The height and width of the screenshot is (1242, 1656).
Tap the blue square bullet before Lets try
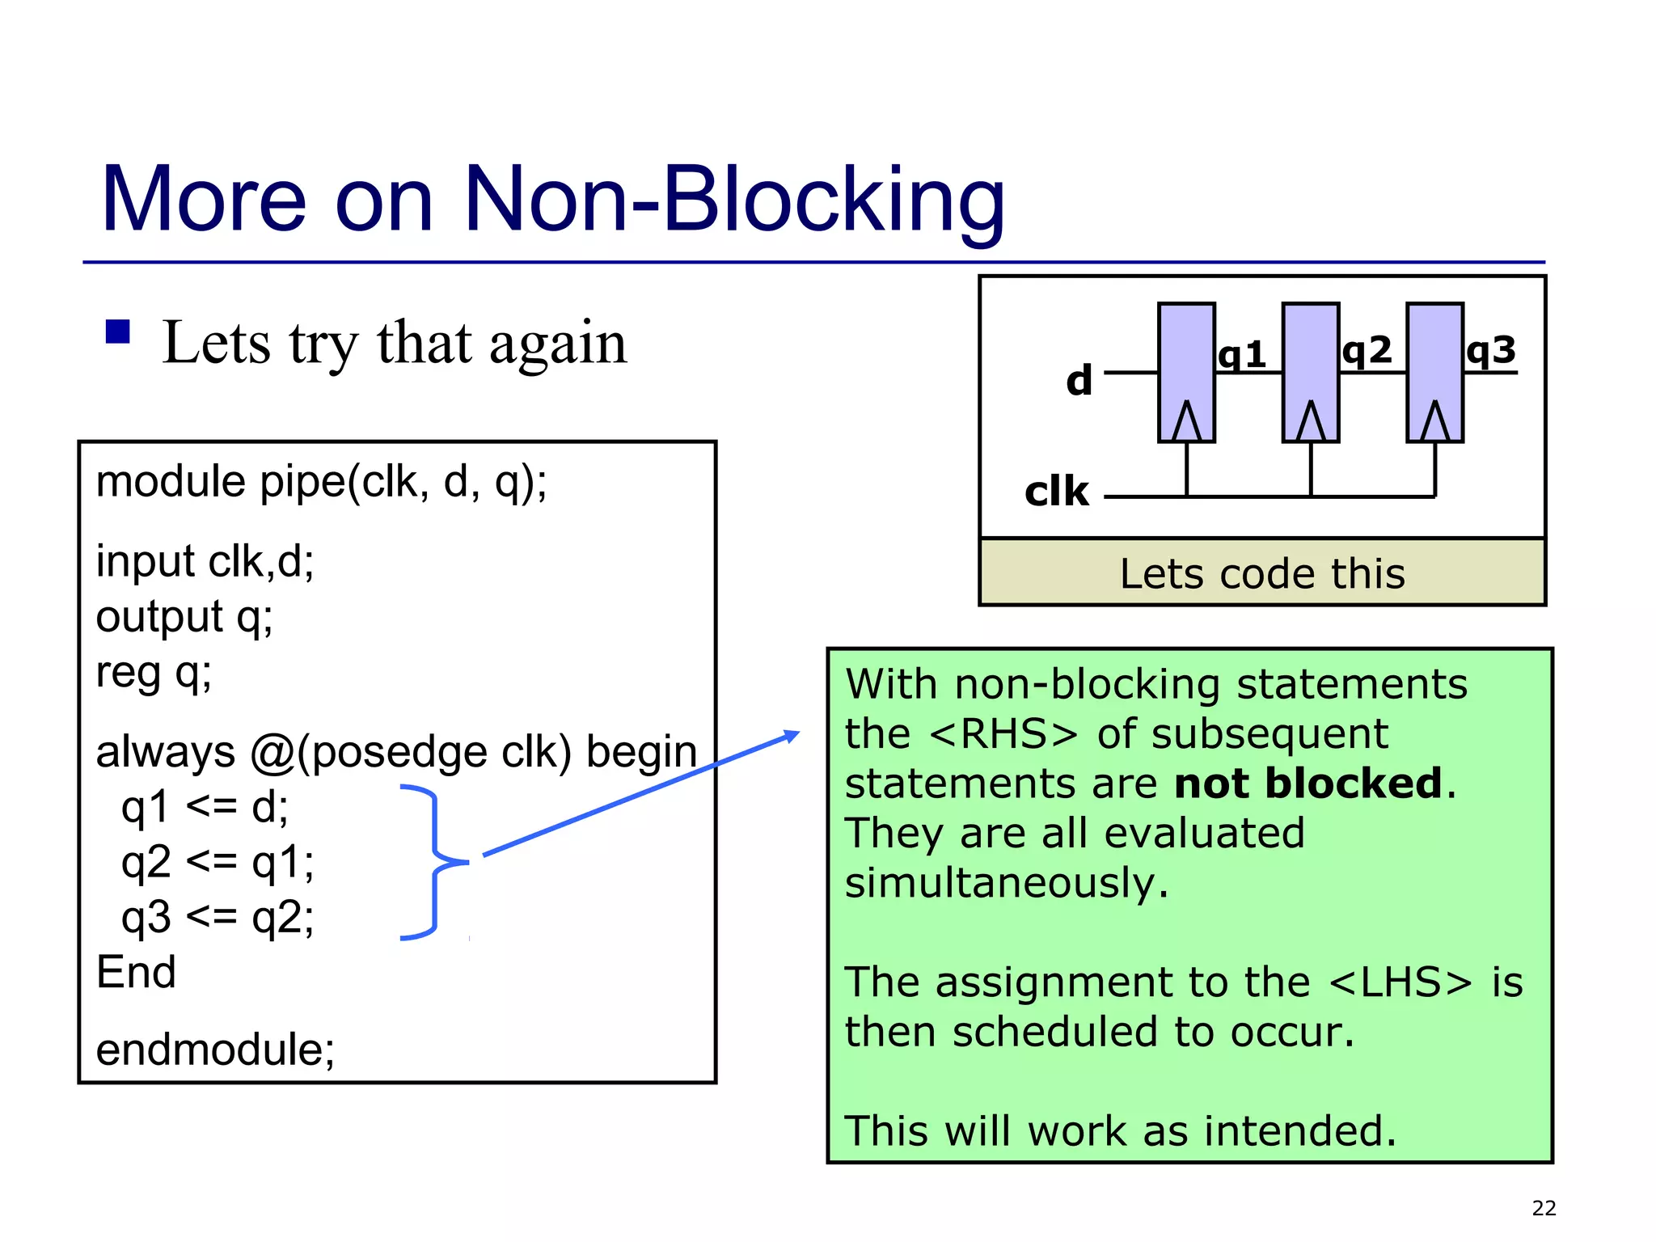pos(118,332)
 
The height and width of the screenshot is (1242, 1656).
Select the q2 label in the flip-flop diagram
pos(1367,351)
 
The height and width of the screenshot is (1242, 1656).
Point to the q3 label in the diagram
pos(1491,351)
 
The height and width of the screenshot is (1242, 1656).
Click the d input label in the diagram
pos(1079,380)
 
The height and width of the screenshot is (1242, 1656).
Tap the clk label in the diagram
pos(1057,492)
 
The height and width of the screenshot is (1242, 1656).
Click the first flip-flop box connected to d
pos(1186,372)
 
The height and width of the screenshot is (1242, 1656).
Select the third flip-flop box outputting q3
pos(1434,372)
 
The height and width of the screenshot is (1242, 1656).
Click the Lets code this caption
pos(1262,573)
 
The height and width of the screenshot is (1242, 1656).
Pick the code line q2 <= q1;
pos(217,862)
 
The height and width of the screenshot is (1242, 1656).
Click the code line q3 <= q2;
pos(217,917)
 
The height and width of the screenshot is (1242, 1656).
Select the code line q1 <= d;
pos(204,807)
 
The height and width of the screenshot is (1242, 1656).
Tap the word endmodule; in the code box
pos(215,1050)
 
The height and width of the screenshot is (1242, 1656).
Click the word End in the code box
pos(136,972)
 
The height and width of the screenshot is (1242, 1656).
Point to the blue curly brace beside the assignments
pos(435,862)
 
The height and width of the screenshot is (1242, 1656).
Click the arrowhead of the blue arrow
pos(792,736)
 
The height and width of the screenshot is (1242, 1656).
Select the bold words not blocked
pos(1307,784)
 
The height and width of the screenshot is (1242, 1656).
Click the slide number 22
pos(1544,1208)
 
